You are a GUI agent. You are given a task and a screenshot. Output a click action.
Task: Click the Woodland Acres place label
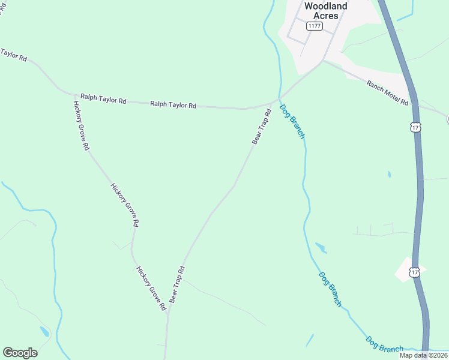point(326,11)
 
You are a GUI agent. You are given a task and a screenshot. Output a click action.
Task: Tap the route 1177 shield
point(314,26)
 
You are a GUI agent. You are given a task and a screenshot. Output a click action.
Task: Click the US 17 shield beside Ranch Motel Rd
point(415,127)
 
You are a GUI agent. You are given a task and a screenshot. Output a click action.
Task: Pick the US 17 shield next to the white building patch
point(415,272)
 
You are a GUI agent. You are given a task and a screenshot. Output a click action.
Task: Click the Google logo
point(20,353)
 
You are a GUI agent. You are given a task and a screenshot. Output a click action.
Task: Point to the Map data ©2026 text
point(423,355)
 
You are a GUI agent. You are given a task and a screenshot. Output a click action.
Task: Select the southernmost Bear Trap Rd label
point(176,284)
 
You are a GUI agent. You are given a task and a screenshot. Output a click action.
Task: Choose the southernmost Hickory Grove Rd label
point(151,289)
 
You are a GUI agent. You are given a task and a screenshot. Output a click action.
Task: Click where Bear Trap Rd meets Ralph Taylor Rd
point(277,100)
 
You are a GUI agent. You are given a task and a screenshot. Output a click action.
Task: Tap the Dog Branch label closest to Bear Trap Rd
point(292,121)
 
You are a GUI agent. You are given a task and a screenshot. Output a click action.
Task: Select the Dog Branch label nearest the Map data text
point(385,344)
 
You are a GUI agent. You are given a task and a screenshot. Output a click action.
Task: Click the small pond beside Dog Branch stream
point(321,247)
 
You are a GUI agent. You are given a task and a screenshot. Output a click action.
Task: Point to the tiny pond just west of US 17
point(389,175)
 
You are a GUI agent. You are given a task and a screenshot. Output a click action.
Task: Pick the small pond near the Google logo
point(44,331)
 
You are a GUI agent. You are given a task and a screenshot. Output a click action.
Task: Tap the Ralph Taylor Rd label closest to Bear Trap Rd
point(173,105)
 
